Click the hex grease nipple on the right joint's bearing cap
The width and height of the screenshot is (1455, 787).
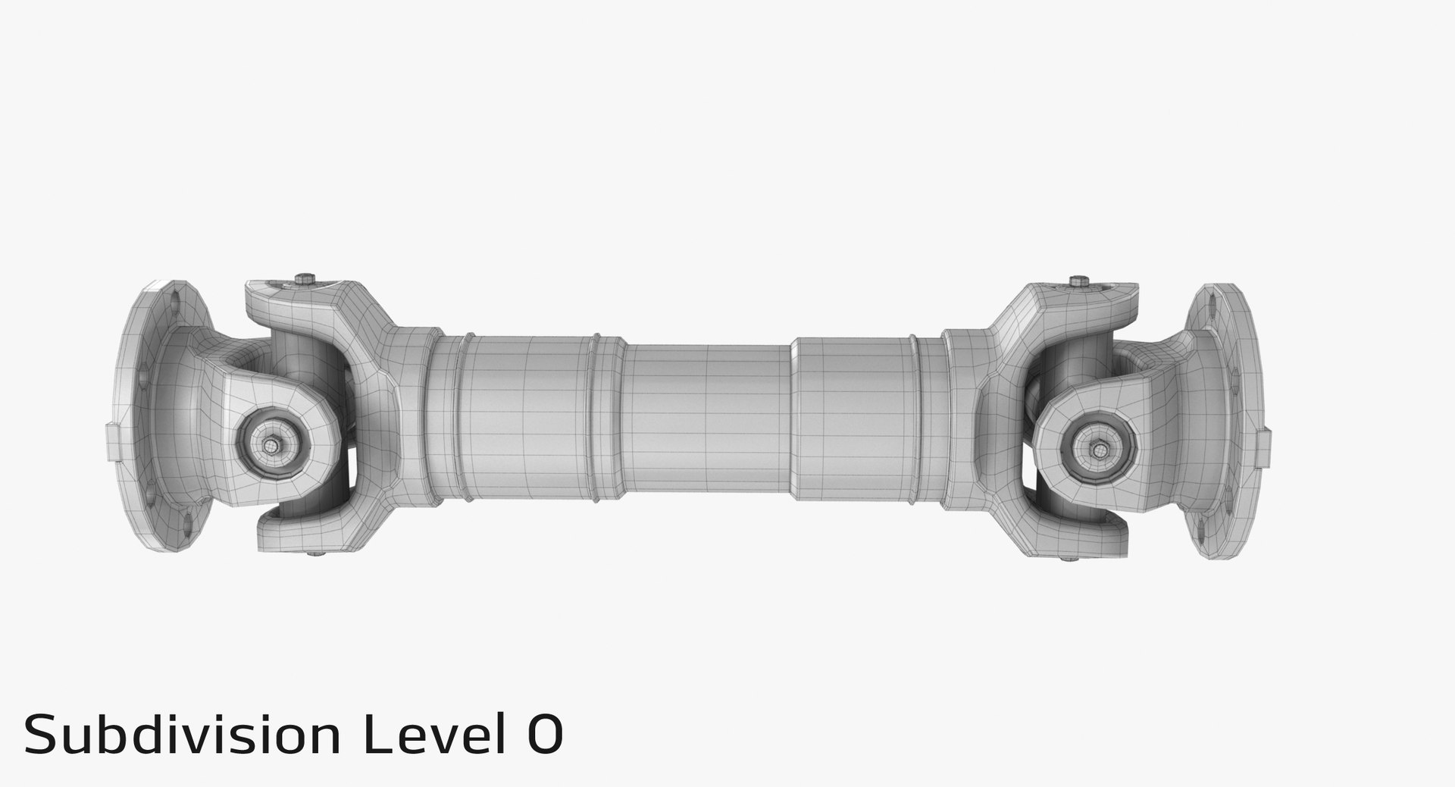coord(1097,449)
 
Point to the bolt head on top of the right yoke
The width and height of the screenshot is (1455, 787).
coord(1078,282)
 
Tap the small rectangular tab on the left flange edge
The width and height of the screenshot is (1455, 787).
coord(109,443)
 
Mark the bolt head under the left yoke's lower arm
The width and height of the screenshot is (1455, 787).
coord(314,557)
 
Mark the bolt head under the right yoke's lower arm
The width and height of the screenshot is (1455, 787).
coord(1069,560)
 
